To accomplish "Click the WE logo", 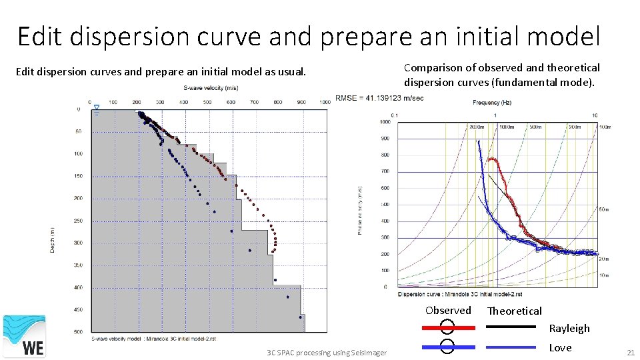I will click(25, 337).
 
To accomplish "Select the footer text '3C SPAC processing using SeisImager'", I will click(326, 352).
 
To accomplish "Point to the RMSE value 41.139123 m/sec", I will click(379, 97).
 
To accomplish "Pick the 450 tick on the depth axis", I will click(78, 309).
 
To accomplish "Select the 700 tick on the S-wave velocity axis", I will click(254, 102).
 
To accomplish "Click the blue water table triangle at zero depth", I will click(97, 107).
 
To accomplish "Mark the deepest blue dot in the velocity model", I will click(300, 317).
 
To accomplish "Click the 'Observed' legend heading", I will click(448, 311).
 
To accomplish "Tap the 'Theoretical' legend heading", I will click(514, 311).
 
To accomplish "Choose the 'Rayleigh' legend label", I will click(569, 328).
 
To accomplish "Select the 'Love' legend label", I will click(560, 347).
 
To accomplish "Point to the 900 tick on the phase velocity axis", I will click(385, 139).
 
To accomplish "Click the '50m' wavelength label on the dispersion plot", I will click(603, 209).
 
